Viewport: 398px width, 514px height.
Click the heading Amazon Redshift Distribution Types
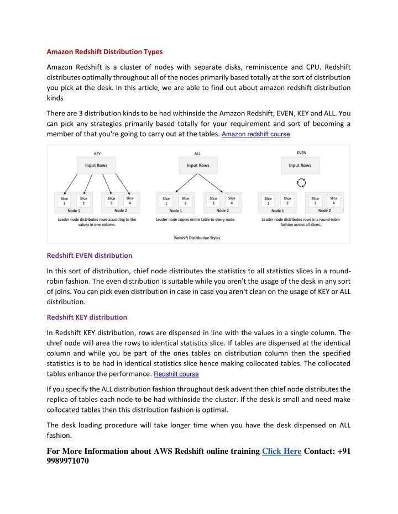click(104, 52)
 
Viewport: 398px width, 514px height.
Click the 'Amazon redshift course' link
click(255, 134)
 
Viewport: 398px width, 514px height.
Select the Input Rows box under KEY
click(96, 165)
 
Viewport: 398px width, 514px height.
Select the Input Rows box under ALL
click(197, 165)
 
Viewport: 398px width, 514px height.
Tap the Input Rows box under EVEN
click(300, 165)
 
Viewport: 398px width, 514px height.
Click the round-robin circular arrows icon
click(302, 183)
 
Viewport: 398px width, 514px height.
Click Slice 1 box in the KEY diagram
click(65, 201)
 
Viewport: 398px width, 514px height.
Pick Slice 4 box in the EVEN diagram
click(333, 201)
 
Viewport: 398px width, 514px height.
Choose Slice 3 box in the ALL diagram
click(213, 201)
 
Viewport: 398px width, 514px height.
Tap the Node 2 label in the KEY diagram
click(121, 210)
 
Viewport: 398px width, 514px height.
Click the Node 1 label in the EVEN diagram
click(278, 210)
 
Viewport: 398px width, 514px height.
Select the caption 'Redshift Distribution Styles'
click(197, 237)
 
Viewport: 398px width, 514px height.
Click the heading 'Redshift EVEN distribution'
click(90, 256)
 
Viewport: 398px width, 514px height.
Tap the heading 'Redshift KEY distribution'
click(87, 317)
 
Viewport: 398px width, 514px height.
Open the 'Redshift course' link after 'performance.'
click(176, 374)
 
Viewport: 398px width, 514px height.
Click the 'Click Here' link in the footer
click(281, 451)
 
